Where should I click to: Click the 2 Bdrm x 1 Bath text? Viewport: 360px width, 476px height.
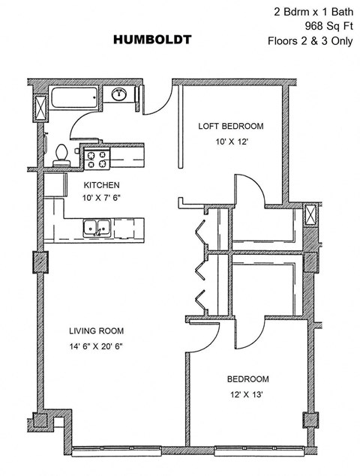(313, 11)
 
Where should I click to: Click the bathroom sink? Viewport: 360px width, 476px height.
(119, 94)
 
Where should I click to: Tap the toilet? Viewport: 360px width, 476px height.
(62, 154)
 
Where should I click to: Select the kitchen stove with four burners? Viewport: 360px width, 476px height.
(97, 159)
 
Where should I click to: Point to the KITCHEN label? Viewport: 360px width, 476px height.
(101, 185)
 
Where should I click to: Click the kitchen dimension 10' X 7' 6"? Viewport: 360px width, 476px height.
(101, 199)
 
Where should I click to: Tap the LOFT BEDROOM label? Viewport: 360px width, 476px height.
(231, 127)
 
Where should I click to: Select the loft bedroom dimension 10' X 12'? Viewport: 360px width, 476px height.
(231, 140)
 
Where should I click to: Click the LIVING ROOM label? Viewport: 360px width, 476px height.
(97, 331)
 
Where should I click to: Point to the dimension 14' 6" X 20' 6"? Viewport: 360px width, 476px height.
(96, 346)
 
